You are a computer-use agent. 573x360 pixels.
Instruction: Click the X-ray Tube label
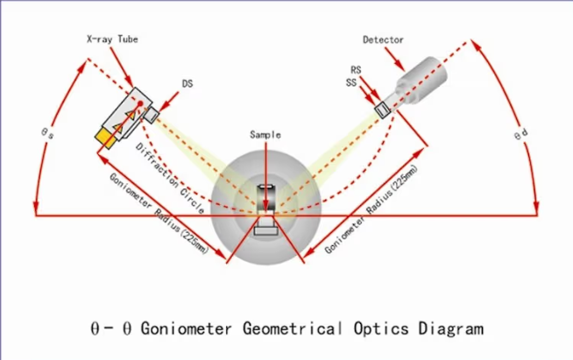point(111,39)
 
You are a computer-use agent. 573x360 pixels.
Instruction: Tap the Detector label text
point(383,39)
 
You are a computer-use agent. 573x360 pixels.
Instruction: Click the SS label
point(350,82)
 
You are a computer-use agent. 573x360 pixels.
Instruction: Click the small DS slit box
point(152,115)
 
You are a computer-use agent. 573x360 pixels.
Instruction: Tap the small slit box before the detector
point(382,109)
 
